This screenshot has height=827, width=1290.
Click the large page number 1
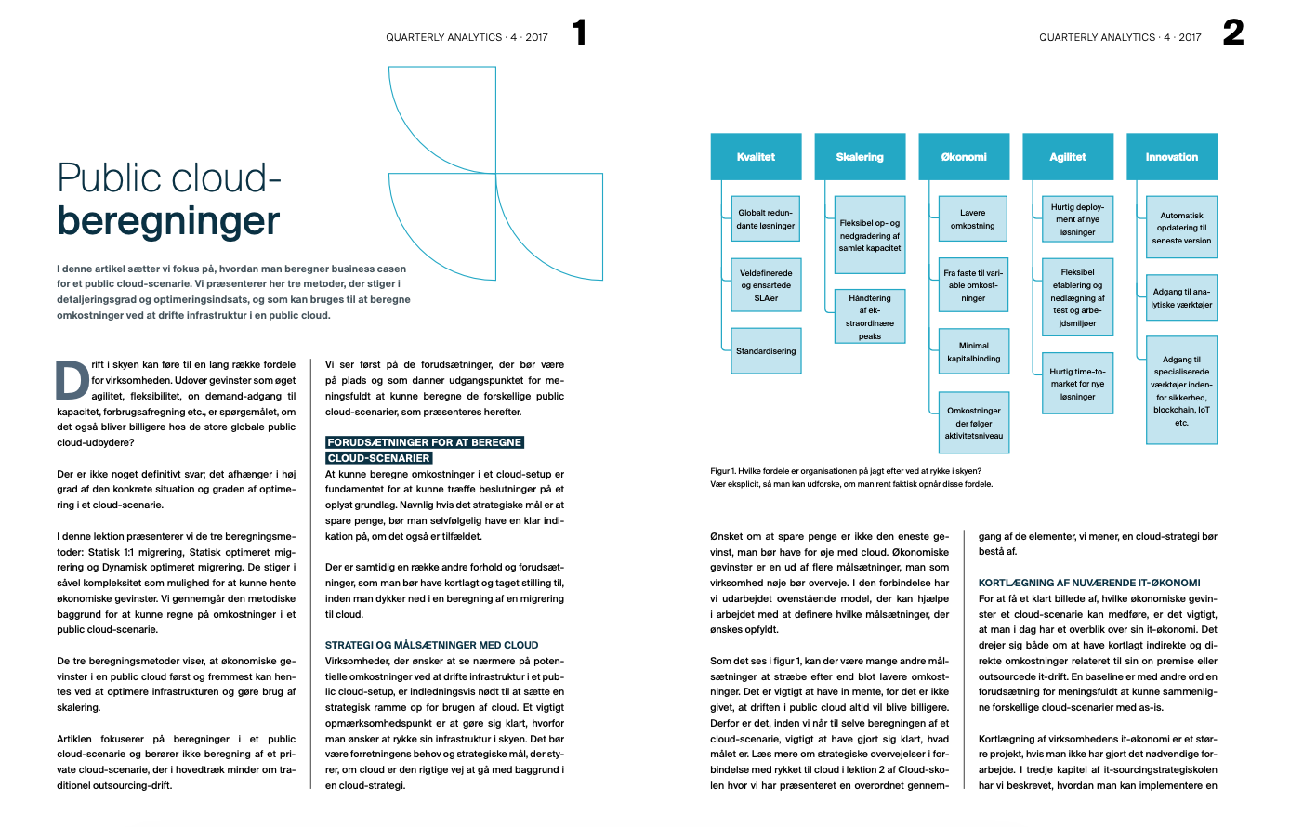coord(580,33)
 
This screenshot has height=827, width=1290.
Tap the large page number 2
coord(1233,33)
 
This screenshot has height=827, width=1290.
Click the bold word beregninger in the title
coord(168,221)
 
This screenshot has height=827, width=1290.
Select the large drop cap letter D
coord(72,380)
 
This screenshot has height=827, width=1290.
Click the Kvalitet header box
coord(756,157)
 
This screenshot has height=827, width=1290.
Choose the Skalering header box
coord(860,157)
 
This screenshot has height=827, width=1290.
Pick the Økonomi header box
coord(964,157)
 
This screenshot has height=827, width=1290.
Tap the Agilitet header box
coord(1068,157)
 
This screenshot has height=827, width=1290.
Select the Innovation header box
coord(1172,157)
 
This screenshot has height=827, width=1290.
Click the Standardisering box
coord(766,351)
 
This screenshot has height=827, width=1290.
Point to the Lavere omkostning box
coord(973,219)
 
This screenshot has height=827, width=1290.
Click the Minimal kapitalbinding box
coord(973,352)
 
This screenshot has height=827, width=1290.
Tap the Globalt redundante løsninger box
coord(766,219)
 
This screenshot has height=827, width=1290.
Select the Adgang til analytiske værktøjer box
coord(1181,298)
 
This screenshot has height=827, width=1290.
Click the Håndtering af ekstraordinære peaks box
coord(870,317)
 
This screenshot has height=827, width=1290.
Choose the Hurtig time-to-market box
coord(1077,384)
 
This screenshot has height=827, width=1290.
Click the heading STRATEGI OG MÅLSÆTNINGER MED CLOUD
coord(431,645)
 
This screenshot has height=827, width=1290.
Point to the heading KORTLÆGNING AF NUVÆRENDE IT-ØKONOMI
coord(1089,583)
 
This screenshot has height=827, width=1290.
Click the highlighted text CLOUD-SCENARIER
coord(379,458)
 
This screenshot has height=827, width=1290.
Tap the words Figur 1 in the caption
coord(723,471)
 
